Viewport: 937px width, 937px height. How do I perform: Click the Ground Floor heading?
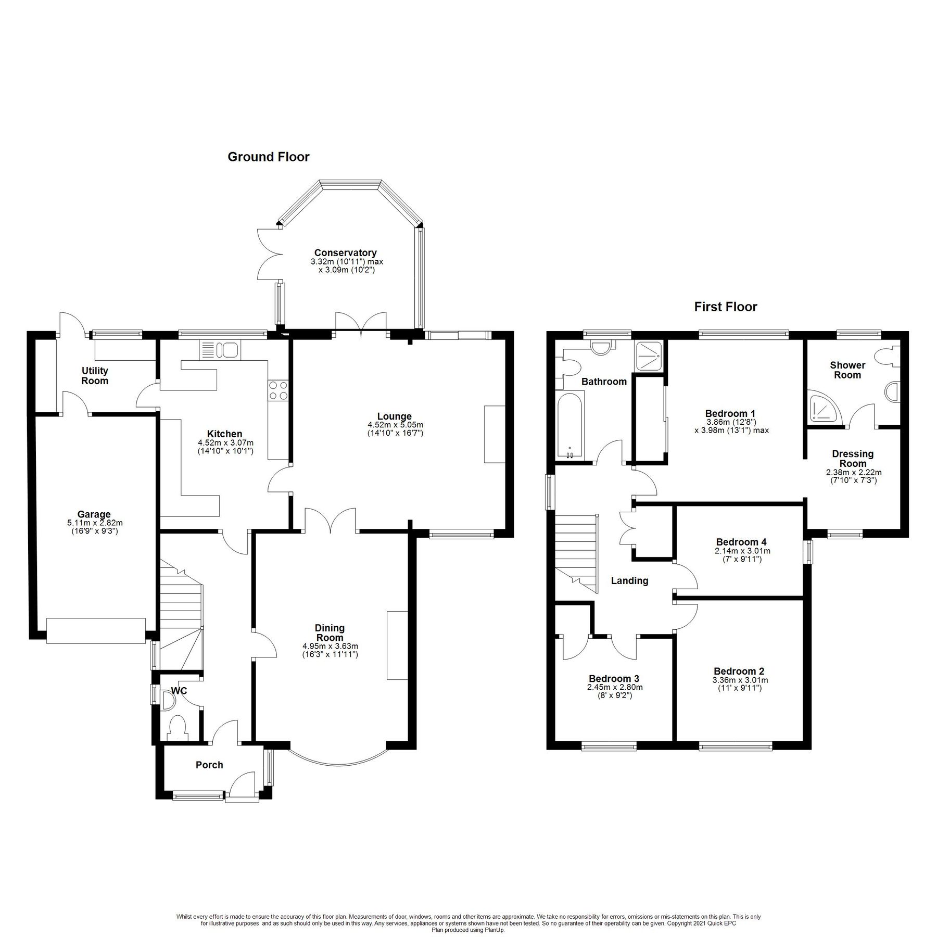coord(268,157)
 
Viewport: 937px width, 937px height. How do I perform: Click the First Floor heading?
coord(725,307)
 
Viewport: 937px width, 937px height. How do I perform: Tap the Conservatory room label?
coord(345,253)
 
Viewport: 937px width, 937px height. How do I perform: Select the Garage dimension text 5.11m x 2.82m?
coord(94,523)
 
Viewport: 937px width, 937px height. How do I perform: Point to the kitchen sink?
coord(220,350)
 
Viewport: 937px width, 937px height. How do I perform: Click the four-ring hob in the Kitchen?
coord(278,390)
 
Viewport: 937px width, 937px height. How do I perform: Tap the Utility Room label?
coord(95,375)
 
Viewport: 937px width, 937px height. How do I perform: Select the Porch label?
coord(209,765)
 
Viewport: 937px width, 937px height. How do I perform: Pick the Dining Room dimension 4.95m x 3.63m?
coord(330,646)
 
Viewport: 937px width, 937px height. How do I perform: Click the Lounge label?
coord(395,416)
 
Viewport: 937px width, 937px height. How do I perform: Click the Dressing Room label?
coord(853,459)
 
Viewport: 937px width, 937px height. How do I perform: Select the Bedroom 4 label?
coord(741,542)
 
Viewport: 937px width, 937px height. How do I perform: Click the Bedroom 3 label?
coord(614,678)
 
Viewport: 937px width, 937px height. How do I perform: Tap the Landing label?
coord(629,580)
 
